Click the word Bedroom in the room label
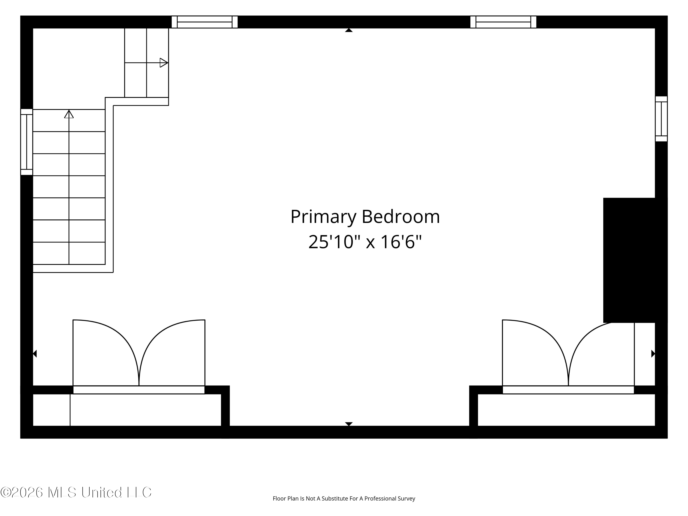point(401,216)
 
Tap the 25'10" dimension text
point(334,242)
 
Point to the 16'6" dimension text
point(401,242)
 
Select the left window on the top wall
point(205,22)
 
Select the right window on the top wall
point(503,22)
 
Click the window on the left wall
point(27,142)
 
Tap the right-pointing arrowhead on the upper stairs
point(164,63)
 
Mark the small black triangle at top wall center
point(349,30)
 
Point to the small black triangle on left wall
point(35,354)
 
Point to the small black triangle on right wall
point(653,354)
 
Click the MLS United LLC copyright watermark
point(76,492)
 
